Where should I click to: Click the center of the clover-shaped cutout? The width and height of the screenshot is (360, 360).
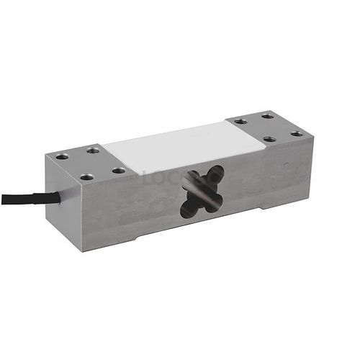202,192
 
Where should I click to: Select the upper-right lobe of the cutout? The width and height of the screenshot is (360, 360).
215,175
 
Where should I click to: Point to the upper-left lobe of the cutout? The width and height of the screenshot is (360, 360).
191,178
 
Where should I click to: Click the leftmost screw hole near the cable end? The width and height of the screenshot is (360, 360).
62,156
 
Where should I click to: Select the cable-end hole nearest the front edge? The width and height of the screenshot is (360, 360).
86,176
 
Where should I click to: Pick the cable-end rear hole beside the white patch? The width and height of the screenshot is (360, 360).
93,150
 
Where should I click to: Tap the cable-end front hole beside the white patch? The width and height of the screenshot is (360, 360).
118,171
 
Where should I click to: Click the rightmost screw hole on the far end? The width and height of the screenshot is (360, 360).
297,133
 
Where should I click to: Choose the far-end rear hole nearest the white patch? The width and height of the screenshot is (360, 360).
240,121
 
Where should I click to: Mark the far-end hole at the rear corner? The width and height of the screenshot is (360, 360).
267,116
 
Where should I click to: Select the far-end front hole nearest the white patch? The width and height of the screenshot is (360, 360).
269,139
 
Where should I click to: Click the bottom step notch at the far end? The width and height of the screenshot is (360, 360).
277,204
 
